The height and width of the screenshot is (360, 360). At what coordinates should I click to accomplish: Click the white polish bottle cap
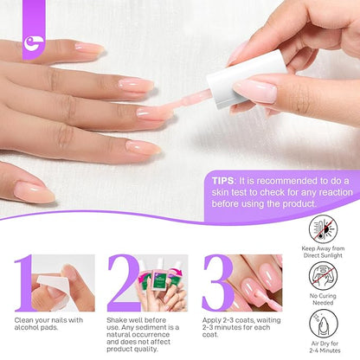pyautogui.click(x=247, y=79)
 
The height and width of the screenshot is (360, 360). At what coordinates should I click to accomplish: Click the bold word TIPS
pyautogui.click(x=222, y=181)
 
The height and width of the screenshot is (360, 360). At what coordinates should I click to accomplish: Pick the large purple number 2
pyautogui.click(x=123, y=283)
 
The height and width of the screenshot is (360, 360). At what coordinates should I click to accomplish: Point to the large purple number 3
pyautogui.click(x=217, y=283)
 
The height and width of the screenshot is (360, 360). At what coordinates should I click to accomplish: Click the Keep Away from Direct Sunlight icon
pyautogui.click(x=323, y=229)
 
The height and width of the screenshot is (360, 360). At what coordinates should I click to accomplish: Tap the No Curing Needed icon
pyautogui.click(x=323, y=276)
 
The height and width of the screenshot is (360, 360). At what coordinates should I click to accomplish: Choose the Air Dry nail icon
pyautogui.click(x=323, y=324)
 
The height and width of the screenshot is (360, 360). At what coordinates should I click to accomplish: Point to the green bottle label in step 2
pyautogui.click(x=159, y=282)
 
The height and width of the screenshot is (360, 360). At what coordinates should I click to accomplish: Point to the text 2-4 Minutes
pyautogui.click(x=325, y=350)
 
